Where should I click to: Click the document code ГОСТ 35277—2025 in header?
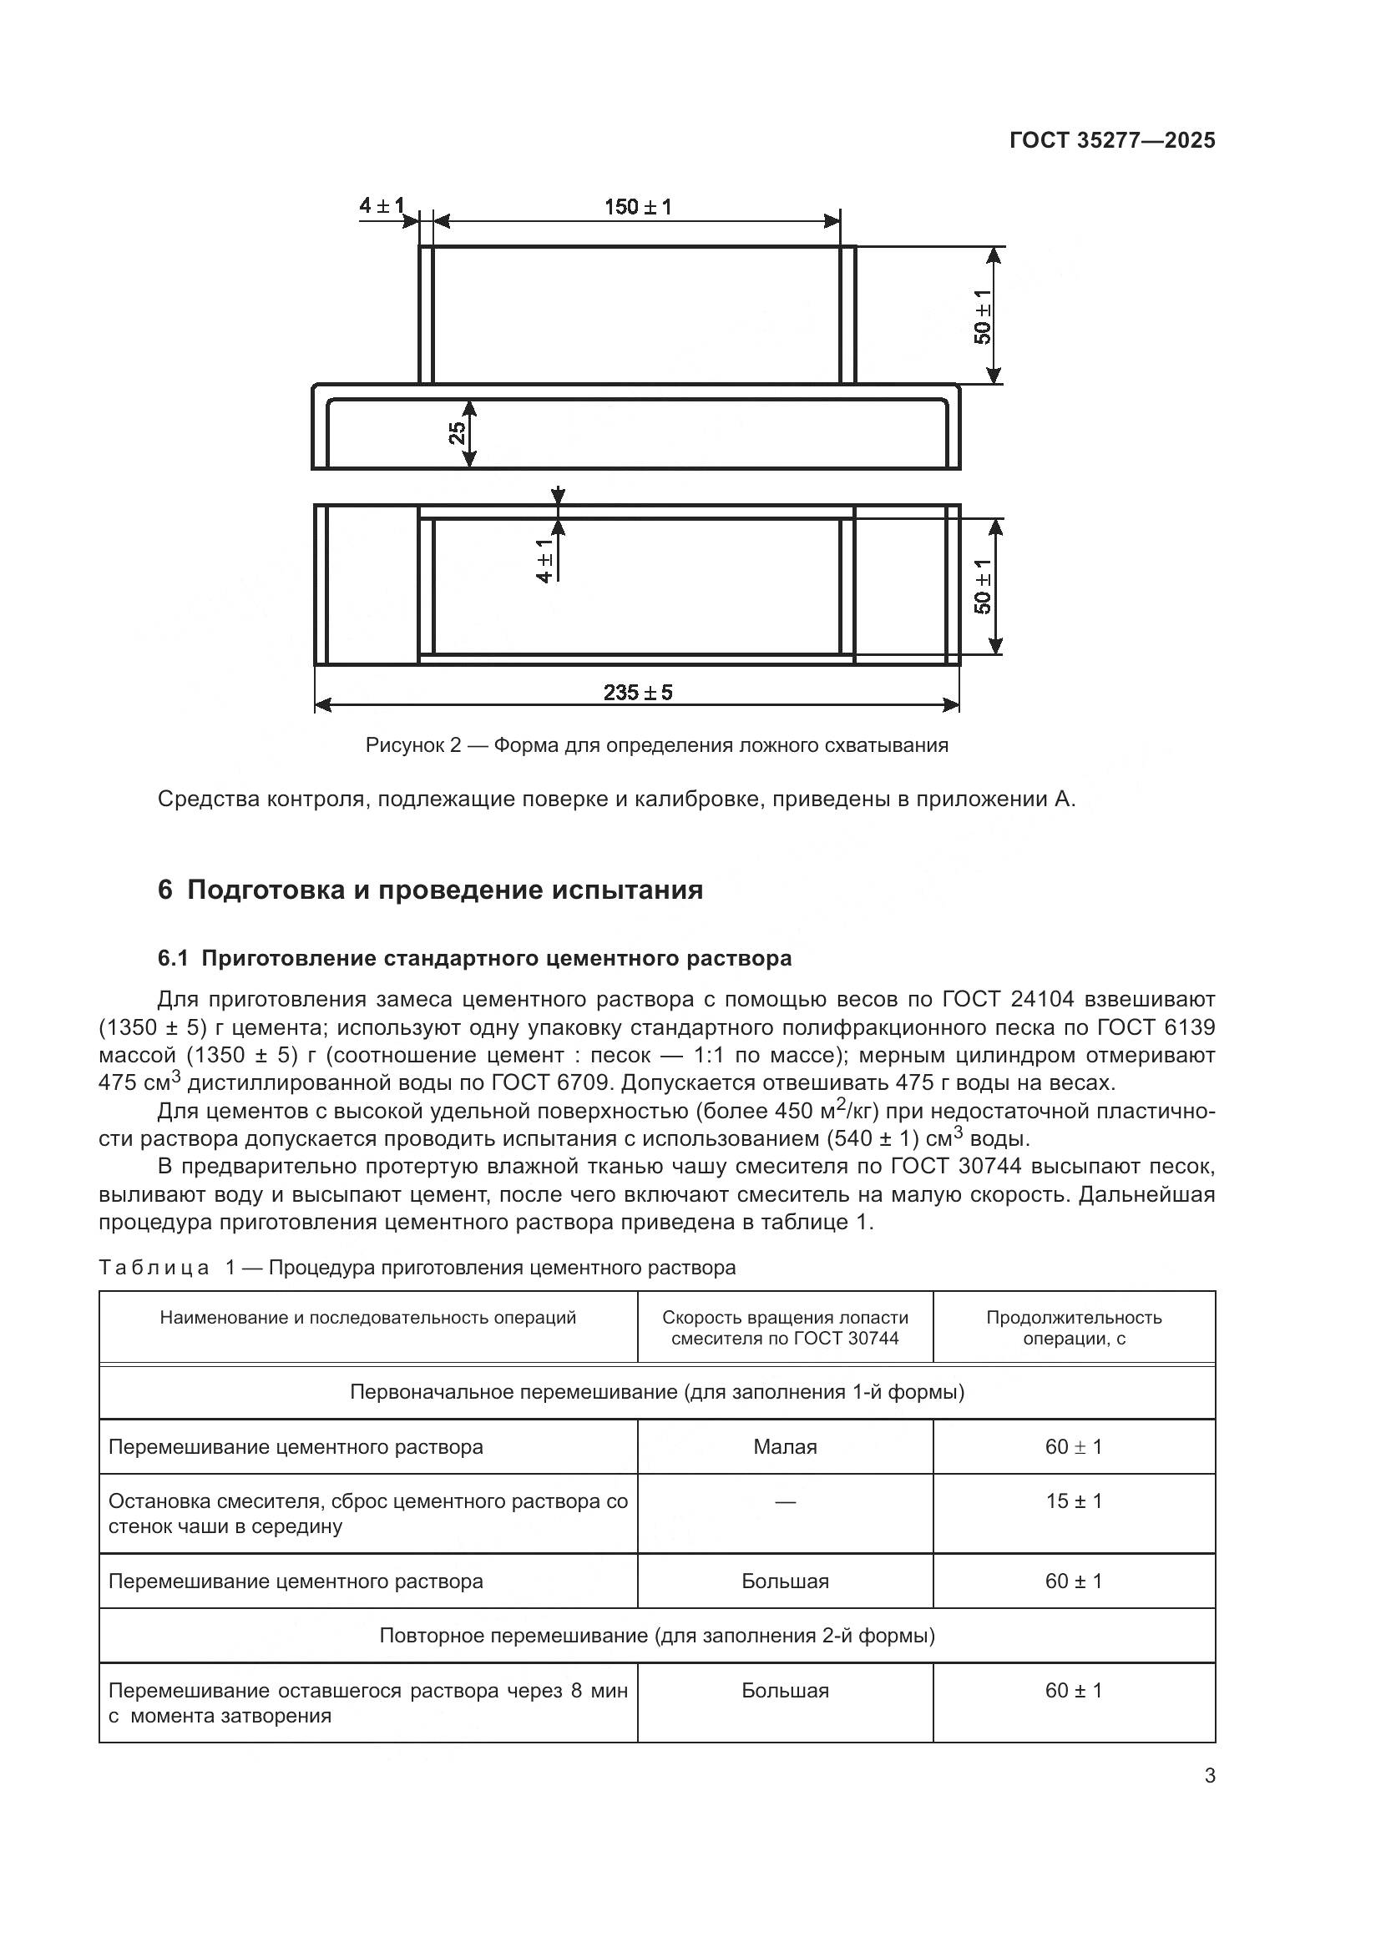[1111, 140]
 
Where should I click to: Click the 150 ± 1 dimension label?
[638, 207]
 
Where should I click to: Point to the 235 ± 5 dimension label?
[638, 692]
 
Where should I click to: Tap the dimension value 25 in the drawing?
[458, 434]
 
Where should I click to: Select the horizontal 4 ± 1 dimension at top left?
[382, 206]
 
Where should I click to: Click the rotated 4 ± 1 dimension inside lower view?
[545, 560]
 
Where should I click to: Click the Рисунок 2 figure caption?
[656, 745]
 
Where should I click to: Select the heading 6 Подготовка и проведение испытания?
[430, 890]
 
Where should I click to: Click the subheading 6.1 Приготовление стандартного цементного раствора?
[474, 958]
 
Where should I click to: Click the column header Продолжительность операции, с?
[1073, 1327]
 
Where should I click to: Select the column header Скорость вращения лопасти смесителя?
[785, 1327]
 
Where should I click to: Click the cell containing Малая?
[785, 1446]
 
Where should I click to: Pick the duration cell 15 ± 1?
[1073, 1501]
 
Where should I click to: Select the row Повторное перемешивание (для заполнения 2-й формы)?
[656, 1635]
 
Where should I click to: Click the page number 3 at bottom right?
[1209, 1776]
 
